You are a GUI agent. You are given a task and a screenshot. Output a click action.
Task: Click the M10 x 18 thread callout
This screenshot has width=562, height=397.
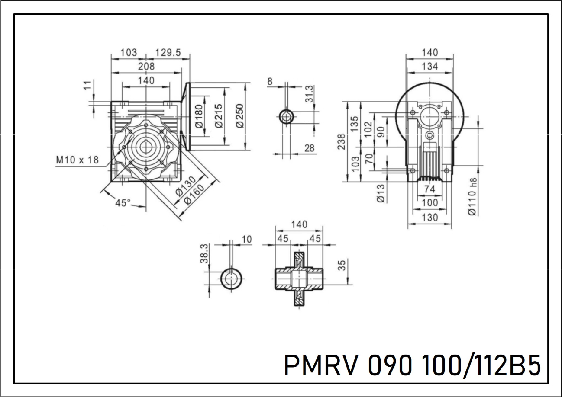pyautogui.click(x=78, y=160)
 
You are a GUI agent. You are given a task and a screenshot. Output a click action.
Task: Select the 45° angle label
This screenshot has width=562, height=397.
pyautogui.click(x=123, y=202)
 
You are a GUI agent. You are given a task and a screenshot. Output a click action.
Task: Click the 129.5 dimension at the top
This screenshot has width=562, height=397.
pyautogui.click(x=168, y=52)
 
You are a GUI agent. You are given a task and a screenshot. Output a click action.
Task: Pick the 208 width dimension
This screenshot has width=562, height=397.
pyautogui.click(x=146, y=66)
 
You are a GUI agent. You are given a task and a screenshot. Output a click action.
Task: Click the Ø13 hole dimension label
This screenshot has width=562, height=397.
pyautogui.click(x=381, y=193)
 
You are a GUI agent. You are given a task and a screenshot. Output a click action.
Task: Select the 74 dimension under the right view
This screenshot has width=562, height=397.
pyautogui.click(x=430, y=189)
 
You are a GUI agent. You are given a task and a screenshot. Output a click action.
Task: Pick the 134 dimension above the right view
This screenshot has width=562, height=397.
pyautogui.click(x=430, y=66)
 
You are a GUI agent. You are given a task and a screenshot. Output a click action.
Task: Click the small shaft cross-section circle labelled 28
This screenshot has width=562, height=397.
pyautogui.click(x=286, y=116)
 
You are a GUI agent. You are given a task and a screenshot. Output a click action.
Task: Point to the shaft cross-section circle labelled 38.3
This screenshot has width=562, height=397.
pyautogui.click(x=231, y=278)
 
